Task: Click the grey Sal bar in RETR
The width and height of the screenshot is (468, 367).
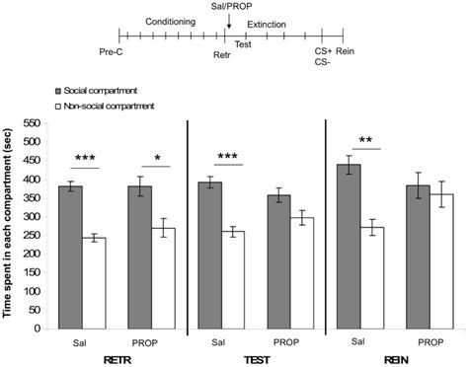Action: [x=70, y=257]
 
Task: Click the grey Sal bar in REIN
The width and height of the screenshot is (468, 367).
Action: [x=351, y=247]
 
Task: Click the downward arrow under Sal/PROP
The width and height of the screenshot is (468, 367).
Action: [x=229, y=22]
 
